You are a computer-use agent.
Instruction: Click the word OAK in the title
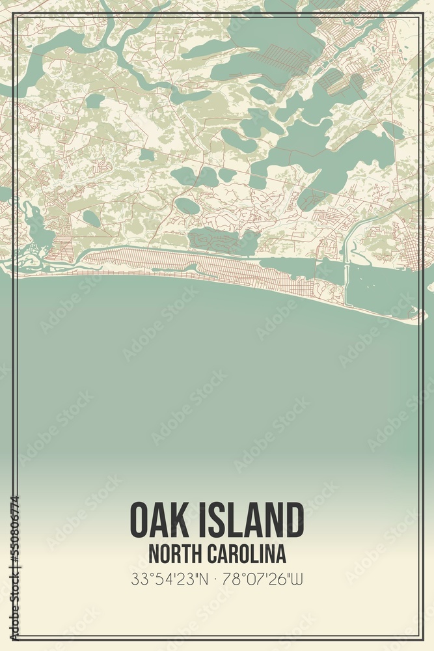pyautogui.click(x=159, y=520)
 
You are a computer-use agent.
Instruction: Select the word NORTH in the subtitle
pyautogui.click(x=174, y=554)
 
